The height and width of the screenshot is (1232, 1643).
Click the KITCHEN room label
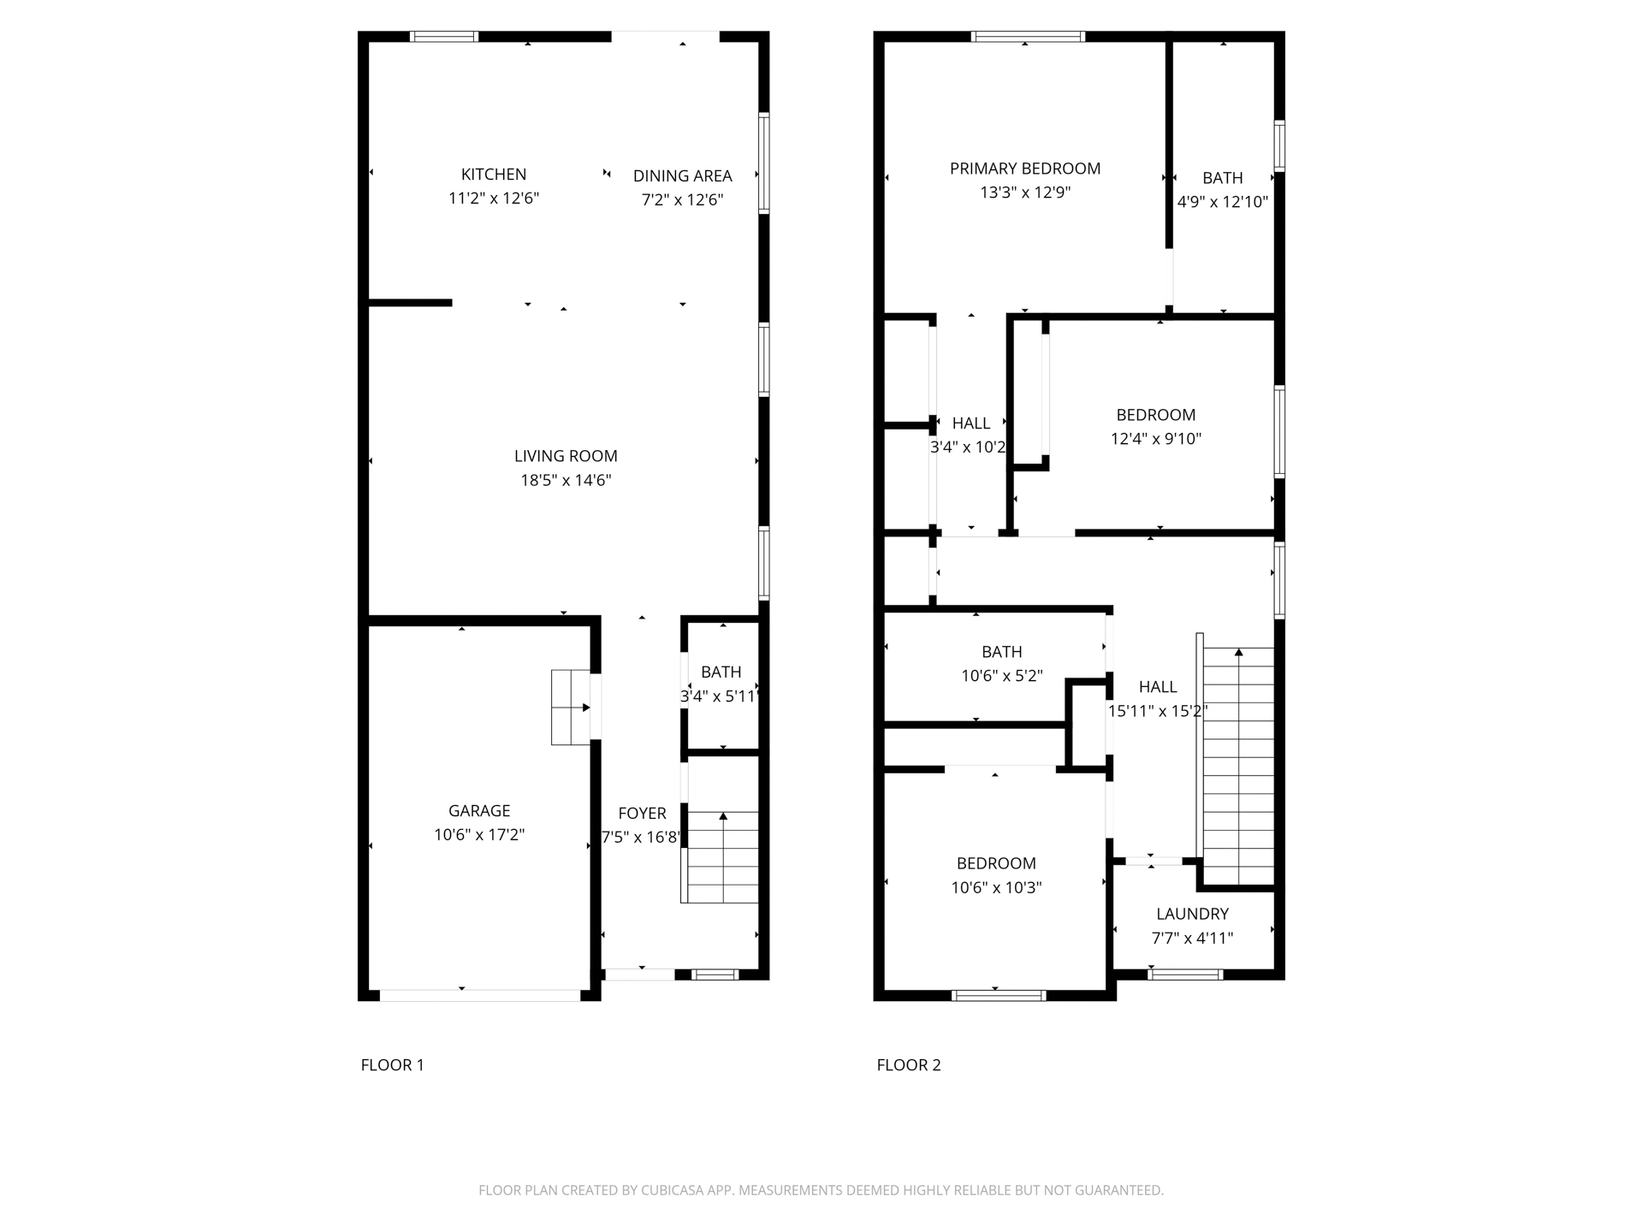coord(494,175)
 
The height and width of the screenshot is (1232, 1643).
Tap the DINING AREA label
coord(682,176)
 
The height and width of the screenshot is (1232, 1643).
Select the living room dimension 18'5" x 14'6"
coord(566,480)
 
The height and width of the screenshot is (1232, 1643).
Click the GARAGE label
coord(479,810)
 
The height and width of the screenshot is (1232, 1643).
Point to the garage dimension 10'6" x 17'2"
coord(479,834)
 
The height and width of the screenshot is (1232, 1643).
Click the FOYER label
coord(642,814)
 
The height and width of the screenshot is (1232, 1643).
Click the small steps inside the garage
coord(571,708)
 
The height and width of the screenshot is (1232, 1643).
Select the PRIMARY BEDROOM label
coord(1025,169)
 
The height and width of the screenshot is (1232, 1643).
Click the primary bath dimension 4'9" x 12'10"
coord(1222,202)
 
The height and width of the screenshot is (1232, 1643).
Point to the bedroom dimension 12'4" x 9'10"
coord(1156,439)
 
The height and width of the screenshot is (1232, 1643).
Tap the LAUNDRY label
coord(1192,914)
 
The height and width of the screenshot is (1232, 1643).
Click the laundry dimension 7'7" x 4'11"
coord(1192,938)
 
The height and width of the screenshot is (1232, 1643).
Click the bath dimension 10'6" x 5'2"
coord(1001,676)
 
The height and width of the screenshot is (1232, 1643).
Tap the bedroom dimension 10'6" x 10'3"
coord(996,887)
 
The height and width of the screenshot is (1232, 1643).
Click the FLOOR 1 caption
coord(392,1065)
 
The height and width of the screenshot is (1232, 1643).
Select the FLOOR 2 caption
coord(909,1065)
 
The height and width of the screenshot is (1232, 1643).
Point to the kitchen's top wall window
coord(443,37)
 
